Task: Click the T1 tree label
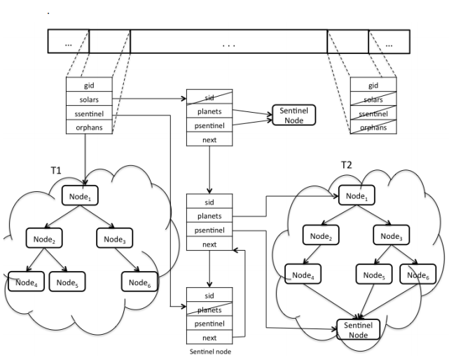57,170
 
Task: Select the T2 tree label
346,165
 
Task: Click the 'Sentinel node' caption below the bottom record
210,352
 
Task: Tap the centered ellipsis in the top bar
229,43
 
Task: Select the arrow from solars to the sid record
148,99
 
